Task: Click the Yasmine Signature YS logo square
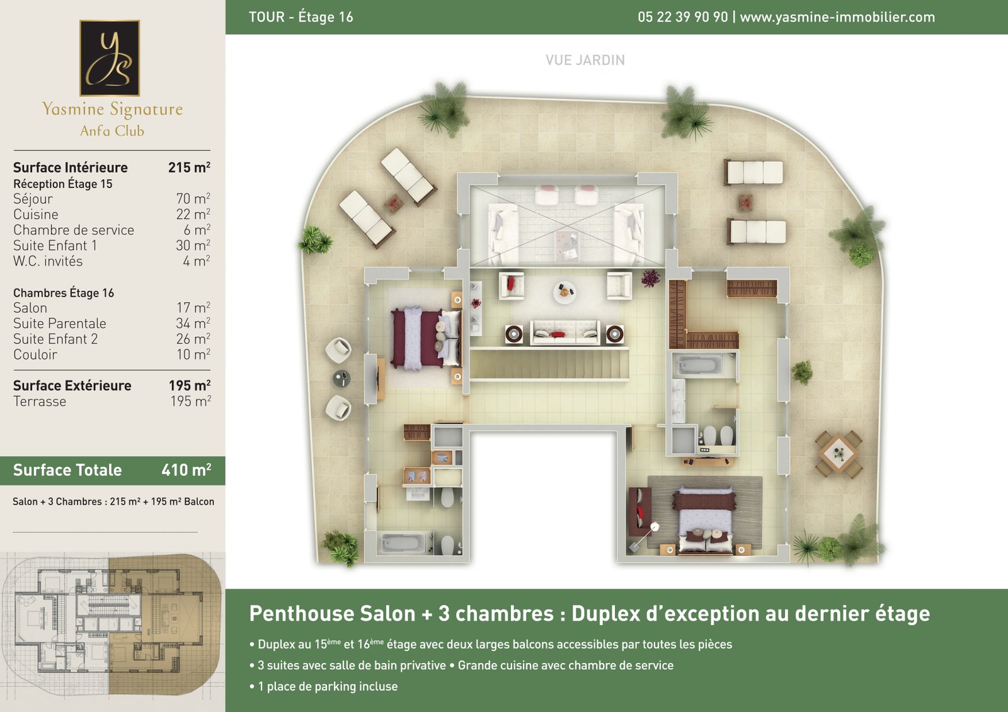[110, 58]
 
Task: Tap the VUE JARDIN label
[585, 60]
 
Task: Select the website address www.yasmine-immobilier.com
[837, 17]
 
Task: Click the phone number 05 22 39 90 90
[683, 17]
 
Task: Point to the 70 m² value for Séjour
[193, 198]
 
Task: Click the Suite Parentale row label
[59, 324]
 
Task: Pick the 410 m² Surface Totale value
[186, 470]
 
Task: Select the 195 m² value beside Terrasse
[190, 401]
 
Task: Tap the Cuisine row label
[35, 215]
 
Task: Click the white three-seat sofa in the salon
[564, 333]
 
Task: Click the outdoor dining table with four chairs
[839, 454]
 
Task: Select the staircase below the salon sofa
[549, 365]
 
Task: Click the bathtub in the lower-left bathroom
[401, 543]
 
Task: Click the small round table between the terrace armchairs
[341, 379]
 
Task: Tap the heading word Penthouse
[332, 614]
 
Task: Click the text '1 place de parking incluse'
[328, 686]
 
